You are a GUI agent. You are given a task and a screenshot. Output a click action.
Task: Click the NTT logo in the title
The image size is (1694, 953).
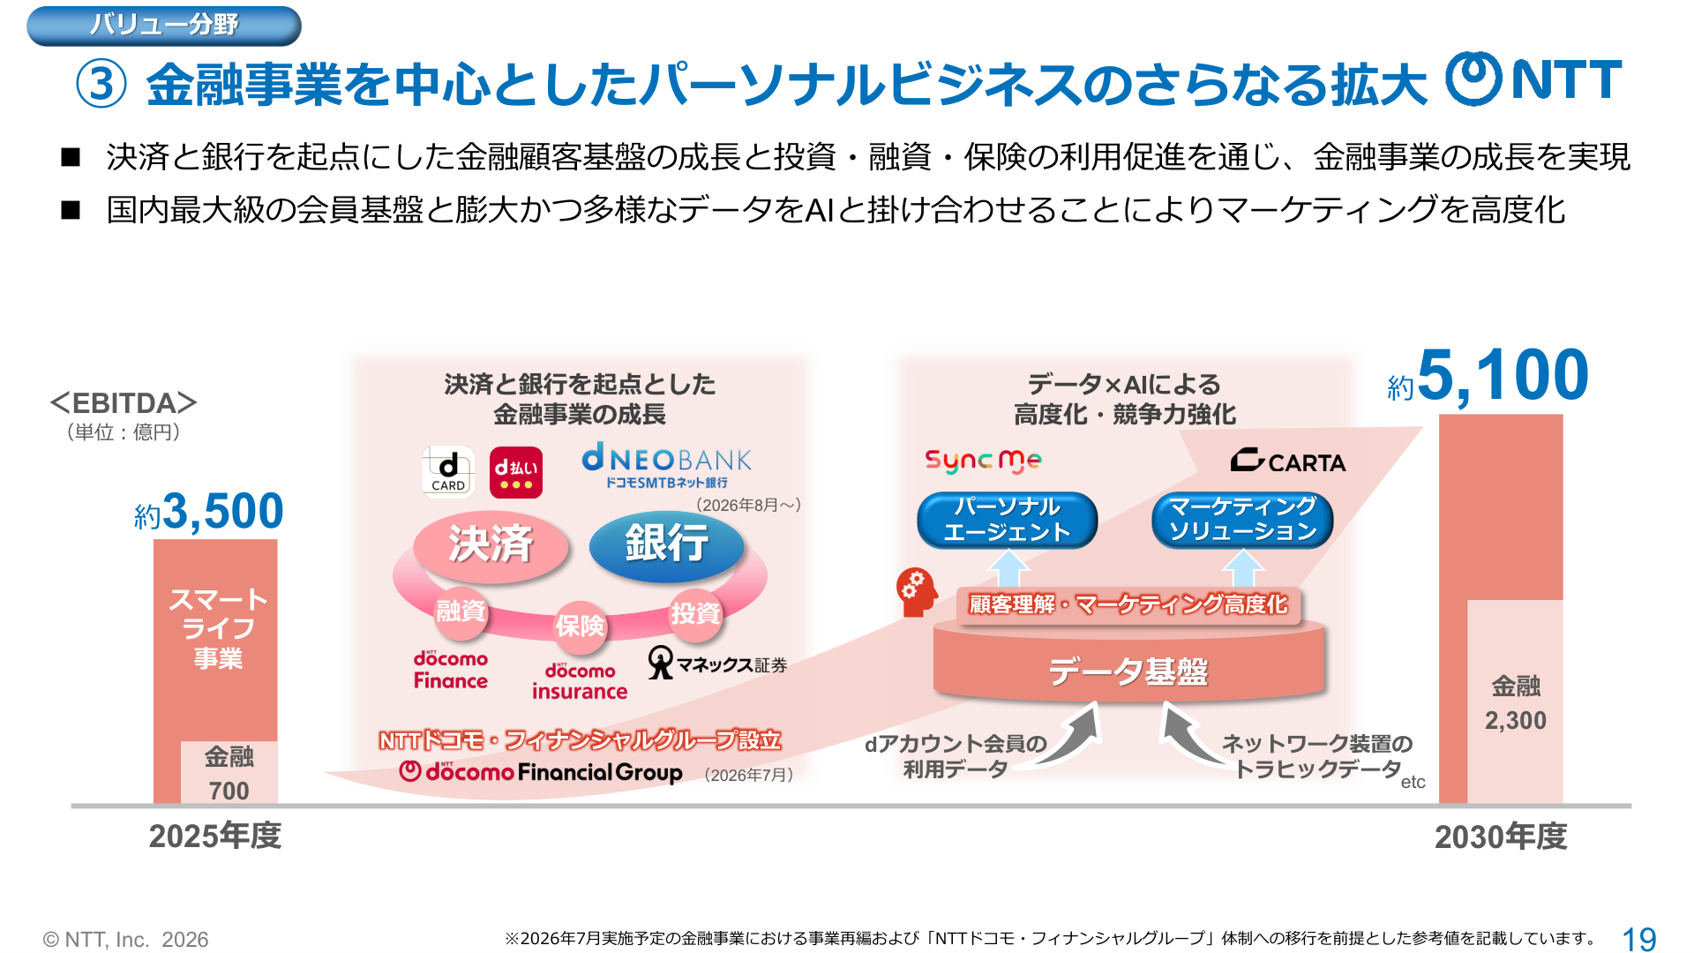tap(1533, 79)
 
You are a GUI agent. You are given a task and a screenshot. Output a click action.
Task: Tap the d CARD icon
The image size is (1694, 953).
tap(448, 472)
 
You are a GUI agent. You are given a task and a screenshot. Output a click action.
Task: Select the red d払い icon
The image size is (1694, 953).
tap(516, 472)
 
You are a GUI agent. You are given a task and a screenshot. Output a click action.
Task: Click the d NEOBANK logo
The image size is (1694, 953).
tap(667, 466)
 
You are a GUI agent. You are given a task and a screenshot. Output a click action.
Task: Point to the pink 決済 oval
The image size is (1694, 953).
tap(491, 544)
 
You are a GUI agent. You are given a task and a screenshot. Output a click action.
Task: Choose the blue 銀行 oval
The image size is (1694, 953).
tap(667, 544)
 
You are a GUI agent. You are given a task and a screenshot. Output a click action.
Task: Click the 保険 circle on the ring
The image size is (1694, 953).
tap(580, 626)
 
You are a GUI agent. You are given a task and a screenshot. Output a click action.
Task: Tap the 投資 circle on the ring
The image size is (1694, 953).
tap(695, 613)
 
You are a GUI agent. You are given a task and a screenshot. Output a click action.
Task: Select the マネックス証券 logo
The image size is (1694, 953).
tap(717, 664)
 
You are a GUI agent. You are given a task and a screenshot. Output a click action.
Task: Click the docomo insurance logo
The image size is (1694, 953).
tap(580, 681)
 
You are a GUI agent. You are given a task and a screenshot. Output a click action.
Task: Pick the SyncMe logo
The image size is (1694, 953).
tap(983, 461)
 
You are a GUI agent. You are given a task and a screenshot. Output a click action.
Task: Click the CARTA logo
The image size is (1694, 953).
tap(1288, 461)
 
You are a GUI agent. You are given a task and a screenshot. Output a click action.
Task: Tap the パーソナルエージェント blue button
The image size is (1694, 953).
tap(1008, 520)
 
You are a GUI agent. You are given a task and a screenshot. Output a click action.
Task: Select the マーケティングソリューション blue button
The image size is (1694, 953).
tap(1242, 520)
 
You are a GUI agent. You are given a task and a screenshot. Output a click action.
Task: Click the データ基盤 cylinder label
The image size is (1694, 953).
tap(1128, 672)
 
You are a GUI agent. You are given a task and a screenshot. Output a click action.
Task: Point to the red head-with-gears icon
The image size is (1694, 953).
tap(917, 591)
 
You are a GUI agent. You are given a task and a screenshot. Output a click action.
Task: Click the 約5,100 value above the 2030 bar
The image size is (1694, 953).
tap(1488, 377)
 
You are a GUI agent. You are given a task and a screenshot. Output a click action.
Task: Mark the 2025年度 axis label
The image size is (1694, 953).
tap(215, 836)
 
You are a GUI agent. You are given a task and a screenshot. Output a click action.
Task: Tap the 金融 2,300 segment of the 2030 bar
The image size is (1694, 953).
tap(1515, 702)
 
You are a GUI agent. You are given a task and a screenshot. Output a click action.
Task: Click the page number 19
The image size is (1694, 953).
tap(1639, 939)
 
